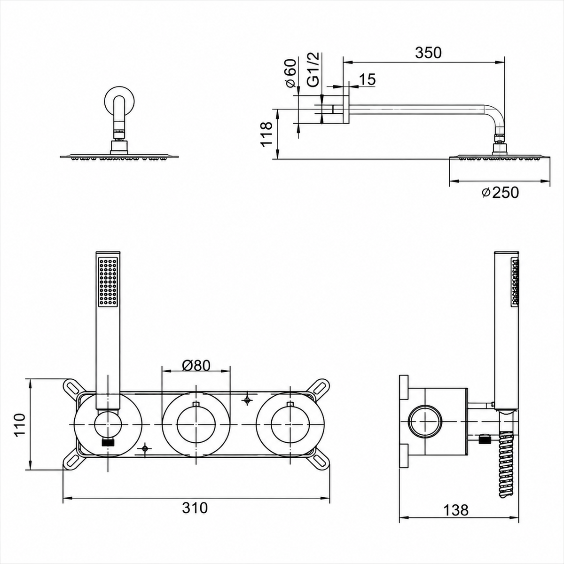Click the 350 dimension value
tap(428, 53)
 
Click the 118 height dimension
tap(267, 134)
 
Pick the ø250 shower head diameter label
tap(501, 193)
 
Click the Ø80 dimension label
tap(196, 365)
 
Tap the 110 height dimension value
tap(21, 425)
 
